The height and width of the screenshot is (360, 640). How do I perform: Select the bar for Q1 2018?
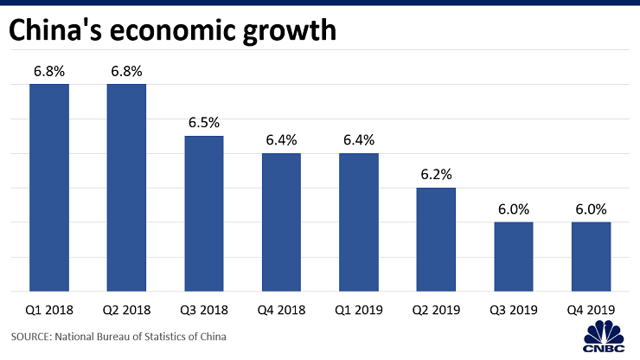click(49, 188)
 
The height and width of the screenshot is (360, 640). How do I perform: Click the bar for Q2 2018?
click(126, 188)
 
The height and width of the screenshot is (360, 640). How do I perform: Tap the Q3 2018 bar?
click(204, 214)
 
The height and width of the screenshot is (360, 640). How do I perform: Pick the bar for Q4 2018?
click(281, 222)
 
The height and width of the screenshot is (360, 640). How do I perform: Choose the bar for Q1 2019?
click(358, 222)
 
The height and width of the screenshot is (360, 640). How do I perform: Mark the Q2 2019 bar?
click(436, 240)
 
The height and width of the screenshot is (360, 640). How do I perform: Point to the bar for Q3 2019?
click(513, 257)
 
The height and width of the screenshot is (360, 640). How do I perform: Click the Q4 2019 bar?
click(591, 257)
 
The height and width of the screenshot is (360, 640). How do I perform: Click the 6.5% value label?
click(204, 123)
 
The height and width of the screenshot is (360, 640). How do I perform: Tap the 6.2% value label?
click(436, 174)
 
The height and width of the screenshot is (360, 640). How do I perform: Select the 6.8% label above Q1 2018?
click(49, 71)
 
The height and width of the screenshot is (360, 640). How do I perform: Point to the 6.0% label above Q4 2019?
click(591, 209)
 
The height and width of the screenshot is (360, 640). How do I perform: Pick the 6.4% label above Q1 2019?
click(358, 139)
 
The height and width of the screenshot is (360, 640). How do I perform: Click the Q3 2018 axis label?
click(204, 309)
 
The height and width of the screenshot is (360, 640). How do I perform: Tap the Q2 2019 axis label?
click(436, 309)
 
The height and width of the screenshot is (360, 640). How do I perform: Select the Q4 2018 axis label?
click(281, 309)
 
